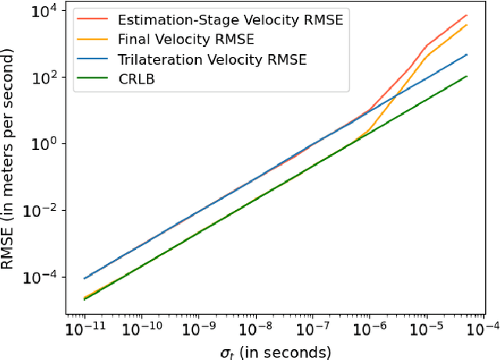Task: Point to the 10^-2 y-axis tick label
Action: (41, 210)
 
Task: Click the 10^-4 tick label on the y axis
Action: (41, 276)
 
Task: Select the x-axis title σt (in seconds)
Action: (275, 351)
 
